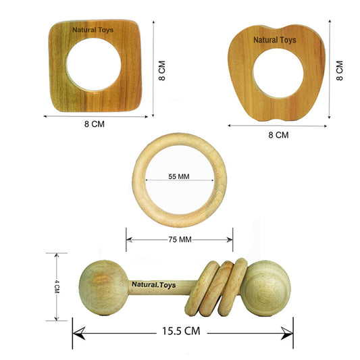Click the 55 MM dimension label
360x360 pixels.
(x=179, y=176)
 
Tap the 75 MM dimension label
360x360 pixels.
(x=180, y=240)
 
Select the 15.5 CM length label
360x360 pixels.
(x=181, y=331)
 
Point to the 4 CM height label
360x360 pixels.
(x=57, y=286)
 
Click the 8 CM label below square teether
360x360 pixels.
(x=95, y=124)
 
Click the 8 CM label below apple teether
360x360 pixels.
(x=278, y=135)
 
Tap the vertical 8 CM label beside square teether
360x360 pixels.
(x=162, y=70)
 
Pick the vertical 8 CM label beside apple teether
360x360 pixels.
(x=340, y=70)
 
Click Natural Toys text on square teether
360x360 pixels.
(x=93, y=30)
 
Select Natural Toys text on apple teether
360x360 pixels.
(x=275, y=40)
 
